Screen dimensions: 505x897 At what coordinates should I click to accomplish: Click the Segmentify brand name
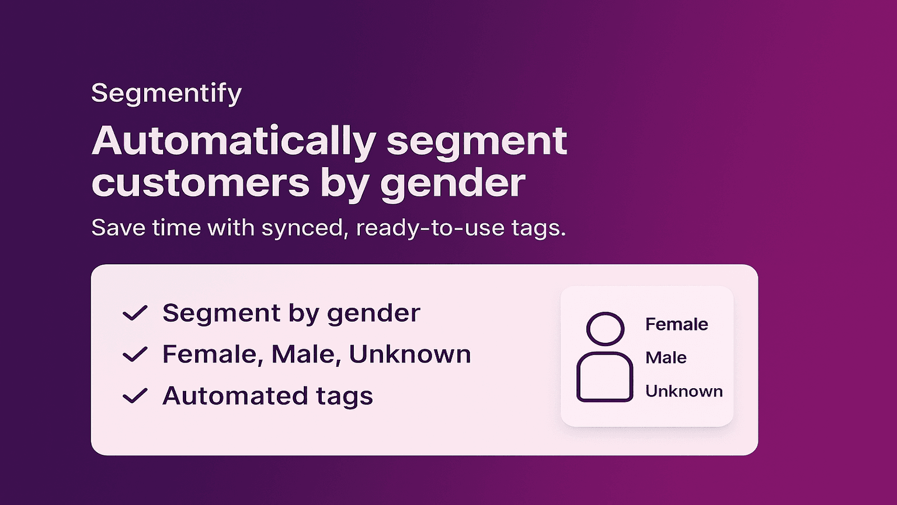[x=167, y=93]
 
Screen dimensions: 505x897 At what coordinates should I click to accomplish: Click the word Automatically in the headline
[x=233, y=141]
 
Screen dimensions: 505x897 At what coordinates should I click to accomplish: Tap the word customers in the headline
[x=200, y=183]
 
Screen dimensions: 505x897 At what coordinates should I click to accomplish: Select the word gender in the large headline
[x=452, y=184]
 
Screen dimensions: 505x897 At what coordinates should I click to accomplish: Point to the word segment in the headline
[x=477, y=141]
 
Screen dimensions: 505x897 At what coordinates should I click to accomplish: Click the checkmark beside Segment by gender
[x=135, y=313]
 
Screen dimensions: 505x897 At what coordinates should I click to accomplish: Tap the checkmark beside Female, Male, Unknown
[x=135, y=355]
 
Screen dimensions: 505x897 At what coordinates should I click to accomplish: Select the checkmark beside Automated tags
[x=135, y=396]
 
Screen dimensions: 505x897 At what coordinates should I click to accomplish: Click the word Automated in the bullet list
[x=235, y=396]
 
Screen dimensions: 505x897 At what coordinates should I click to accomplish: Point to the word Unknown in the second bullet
[x=410, y=355]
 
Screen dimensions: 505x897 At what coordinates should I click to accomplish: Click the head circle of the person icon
[x=605, y=328]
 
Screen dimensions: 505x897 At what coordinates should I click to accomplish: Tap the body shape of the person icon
[x=605, y=377]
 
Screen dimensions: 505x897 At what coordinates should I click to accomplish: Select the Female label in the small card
[x=677, y=324]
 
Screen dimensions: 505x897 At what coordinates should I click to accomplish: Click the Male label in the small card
[x=666, y=357]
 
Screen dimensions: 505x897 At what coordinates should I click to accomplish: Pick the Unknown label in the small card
[x=684, y=391]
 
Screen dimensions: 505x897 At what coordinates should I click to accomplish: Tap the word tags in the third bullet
[x=344, y=397]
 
